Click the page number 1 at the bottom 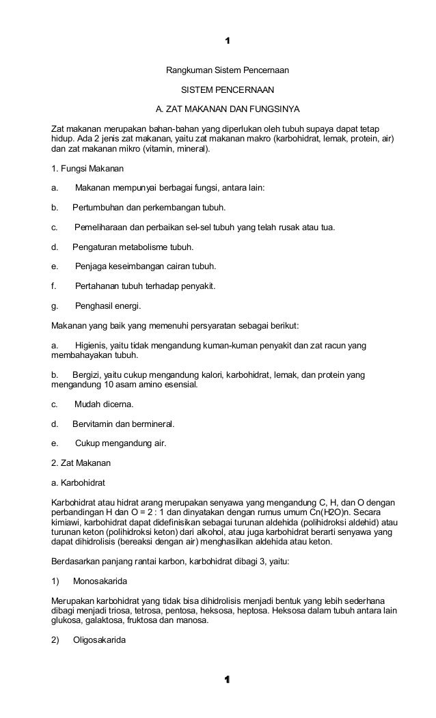click(x=228, y=680)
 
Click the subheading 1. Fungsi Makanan click(x=88, y=168)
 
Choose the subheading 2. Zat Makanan click(x=81, y=462)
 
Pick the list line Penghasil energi click(x=108, y=305)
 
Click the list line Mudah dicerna click(x=104, y=404)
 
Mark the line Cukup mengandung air click(x=120, y=443)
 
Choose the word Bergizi click(x=87, y=374)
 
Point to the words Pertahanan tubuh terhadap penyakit click(x=145, y=286)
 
